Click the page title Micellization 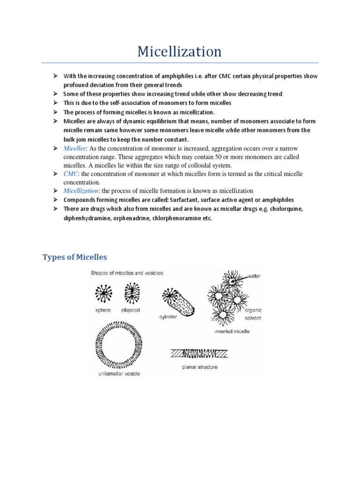click(180, 52)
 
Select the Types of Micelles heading click(75, 257)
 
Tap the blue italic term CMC click(71, 174)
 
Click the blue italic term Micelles click(75, 149)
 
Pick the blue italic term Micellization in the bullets click(82, 191)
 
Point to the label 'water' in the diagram click(255, 276)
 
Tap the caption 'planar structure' click(200, 367)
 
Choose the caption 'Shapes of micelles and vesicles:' click(125, 273)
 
